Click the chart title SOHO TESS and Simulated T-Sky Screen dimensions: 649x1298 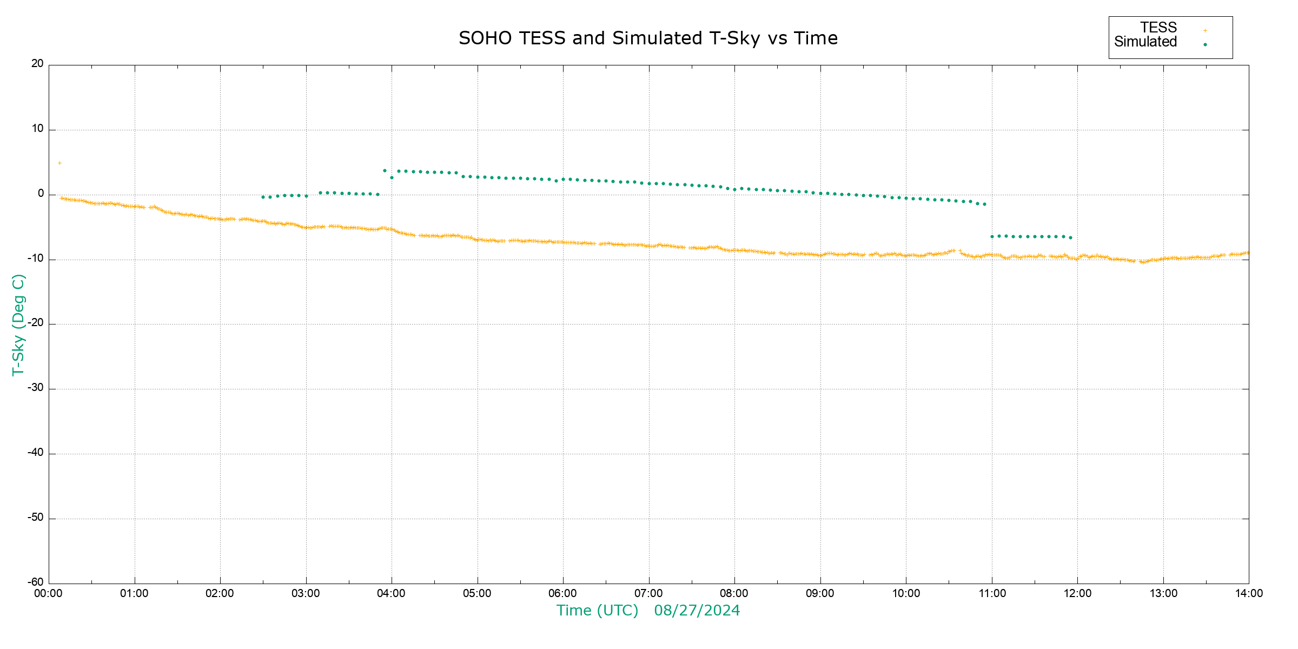click(648, 38)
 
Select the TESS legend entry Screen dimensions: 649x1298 click(1158, 28)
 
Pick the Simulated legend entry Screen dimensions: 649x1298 click(1145, 42)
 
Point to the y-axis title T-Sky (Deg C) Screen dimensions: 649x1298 click(18, 325)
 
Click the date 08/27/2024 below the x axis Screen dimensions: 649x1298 click(697, 611)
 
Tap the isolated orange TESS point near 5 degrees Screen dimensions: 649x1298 click(59, 163)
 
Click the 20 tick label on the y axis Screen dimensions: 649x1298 click(37, 64)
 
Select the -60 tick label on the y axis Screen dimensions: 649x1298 click(36, 582)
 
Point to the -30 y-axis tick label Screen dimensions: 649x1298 click(36, 388)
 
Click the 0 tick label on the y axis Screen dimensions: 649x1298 click(41, 194)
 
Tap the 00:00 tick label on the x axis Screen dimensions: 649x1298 click(49, 594)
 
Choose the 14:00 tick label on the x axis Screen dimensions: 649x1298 click(1249, 594)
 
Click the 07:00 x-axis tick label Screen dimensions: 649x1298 click(648, 594)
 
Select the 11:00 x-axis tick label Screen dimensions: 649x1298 click(992, 594)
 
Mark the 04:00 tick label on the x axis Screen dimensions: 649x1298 click(392, 594)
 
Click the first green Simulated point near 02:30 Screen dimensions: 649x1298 click(263, 197)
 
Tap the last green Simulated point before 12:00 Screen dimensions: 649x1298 click(1070, 237)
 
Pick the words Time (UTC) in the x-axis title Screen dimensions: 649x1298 click(597, 611)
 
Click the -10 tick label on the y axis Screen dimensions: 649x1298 click(36, 259)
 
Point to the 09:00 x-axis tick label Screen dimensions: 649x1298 click(820, 594)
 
